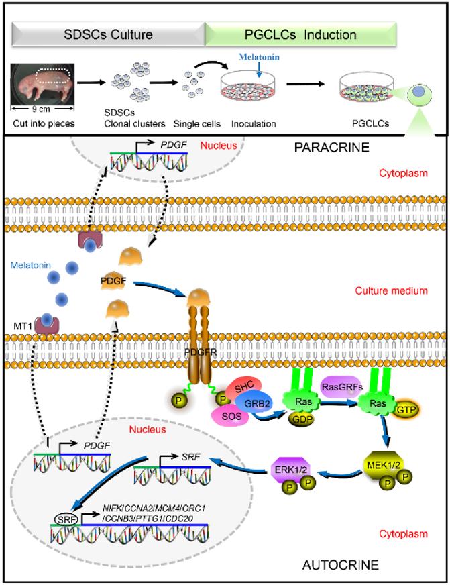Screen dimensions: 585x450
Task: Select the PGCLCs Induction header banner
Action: tap(301, 33)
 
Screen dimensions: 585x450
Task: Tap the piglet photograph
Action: tap(42, 87)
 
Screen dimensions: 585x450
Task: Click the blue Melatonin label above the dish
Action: tap(258, 58)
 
